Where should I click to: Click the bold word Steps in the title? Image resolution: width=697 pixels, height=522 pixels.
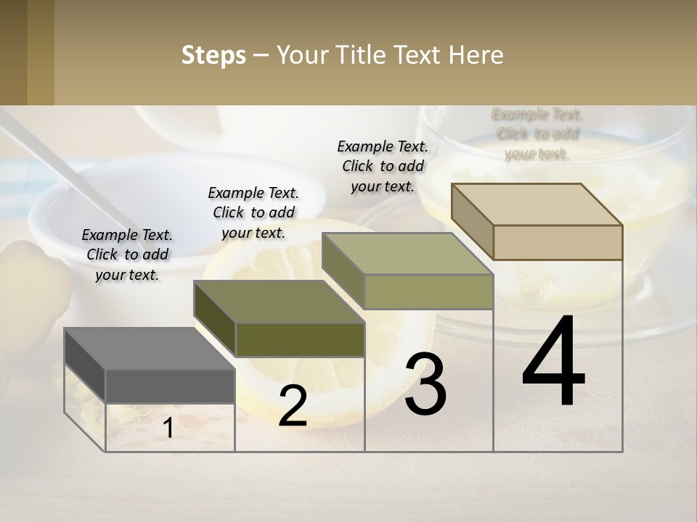[213, 55]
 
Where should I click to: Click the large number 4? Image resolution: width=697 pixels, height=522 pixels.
[553, 361]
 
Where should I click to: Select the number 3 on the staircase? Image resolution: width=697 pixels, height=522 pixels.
[425, 384]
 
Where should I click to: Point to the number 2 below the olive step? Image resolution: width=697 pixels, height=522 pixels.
[293, 406]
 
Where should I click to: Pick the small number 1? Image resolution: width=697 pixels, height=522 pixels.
[168, 428]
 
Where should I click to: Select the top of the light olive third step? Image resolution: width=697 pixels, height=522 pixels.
[407, 254]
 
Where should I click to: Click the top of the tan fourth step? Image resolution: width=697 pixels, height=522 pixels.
[537, 204]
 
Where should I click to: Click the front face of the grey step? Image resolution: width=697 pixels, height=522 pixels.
[170, 386]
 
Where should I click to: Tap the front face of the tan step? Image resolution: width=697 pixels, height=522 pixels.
[558, 242]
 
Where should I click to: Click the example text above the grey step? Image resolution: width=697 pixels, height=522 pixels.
[127, 254]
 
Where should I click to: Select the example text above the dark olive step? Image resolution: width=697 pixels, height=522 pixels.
[253, 212]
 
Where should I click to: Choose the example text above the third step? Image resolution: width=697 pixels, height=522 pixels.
[383, 166]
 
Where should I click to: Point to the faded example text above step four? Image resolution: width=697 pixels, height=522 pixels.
[537, 134]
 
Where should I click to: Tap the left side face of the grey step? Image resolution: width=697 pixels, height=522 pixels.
[85, 365]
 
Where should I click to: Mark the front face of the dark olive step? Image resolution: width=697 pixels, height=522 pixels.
[300, 339]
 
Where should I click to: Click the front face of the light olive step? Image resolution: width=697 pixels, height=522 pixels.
[428, 291]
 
